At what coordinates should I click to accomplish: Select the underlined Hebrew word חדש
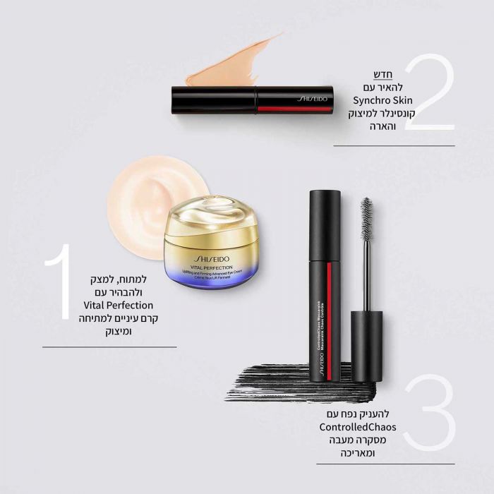coord(382,74)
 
